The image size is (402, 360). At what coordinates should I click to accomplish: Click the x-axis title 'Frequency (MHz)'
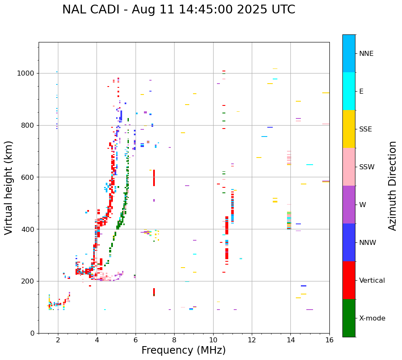183,350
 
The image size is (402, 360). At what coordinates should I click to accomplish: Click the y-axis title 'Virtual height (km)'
9,188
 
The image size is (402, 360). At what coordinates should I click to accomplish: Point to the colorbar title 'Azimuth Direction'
392,186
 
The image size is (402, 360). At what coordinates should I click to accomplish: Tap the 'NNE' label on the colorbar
366,54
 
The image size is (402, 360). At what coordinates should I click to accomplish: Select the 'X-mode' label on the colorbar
372,318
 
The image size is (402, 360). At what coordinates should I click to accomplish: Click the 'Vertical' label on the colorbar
372,281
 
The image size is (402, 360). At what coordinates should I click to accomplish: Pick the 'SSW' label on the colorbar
367,167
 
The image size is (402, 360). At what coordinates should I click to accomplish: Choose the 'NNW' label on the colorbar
368,243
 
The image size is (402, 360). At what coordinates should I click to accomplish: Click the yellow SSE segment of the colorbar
349,129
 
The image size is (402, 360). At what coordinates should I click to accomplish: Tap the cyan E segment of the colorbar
349,91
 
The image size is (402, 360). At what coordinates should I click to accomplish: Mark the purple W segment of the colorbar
349,205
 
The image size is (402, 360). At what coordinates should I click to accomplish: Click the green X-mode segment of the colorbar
349,318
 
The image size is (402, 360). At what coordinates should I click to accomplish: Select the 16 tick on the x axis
329,340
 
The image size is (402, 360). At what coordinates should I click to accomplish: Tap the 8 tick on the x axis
174,340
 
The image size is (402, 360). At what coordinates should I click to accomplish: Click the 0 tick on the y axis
33,333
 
